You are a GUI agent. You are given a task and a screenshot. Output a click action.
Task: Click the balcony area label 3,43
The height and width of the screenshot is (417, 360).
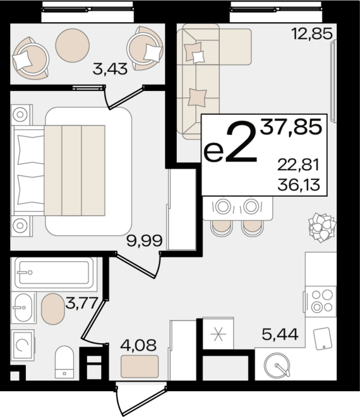pyautogui.click(x=110, y=69)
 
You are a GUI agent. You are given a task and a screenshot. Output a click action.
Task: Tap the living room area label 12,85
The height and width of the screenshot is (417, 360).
pyautogui.click(x=312, y=34)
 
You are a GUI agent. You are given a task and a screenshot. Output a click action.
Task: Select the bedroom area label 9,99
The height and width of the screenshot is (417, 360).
pyautogui.click(x=145, y=241)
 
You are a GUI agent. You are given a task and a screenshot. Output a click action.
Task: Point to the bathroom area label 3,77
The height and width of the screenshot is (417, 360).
pyautogui.click(x=81, y=303)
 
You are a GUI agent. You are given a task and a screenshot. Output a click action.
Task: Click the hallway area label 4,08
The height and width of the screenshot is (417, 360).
pyautogui.click(x=138, y=346)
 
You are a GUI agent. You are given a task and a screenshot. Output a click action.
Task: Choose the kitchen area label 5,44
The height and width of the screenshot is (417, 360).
pyautogui.click(x=280, y=334)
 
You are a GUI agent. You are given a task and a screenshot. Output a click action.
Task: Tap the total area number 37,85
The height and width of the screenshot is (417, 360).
pyautogui.click(x=291, y=127)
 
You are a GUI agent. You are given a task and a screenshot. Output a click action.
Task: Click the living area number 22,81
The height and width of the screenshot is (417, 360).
pyautogui.click(x=298, y=165)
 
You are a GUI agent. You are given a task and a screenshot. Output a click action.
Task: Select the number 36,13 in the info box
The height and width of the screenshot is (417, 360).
pyautogui.click(x=299, y=185)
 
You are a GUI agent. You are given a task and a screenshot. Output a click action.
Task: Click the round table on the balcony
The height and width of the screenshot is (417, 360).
pyautogui.click(x=73, y=45)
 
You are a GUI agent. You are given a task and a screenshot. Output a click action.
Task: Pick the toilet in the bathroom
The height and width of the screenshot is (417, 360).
pyautogui.click(x=64, y=362)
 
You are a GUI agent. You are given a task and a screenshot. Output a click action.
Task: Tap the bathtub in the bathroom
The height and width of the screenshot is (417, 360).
pyautogui.click(x=54, y=273)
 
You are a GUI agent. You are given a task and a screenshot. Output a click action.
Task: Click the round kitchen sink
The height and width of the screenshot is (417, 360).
pyautogui.click(x=277, y=365)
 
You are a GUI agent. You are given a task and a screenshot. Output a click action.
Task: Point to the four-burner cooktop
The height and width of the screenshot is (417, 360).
pyautogui.click(x=321, y=302)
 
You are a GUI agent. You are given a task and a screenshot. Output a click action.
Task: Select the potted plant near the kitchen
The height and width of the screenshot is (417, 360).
pyautogui.click(x=322, y=227)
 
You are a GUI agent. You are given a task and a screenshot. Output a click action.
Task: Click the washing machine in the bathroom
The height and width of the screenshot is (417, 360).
pyautogui.click(x=23, y=345)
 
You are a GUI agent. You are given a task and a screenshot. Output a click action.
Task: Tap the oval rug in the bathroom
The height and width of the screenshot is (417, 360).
pyautogui.click(x=53, y=309)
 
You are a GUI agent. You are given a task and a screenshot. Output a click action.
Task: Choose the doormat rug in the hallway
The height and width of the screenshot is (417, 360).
pyautogui.click(x=140, y=367)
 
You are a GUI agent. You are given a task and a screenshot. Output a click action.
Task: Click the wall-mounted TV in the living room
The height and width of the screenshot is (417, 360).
pyautogui.click(x=333, y=81)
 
